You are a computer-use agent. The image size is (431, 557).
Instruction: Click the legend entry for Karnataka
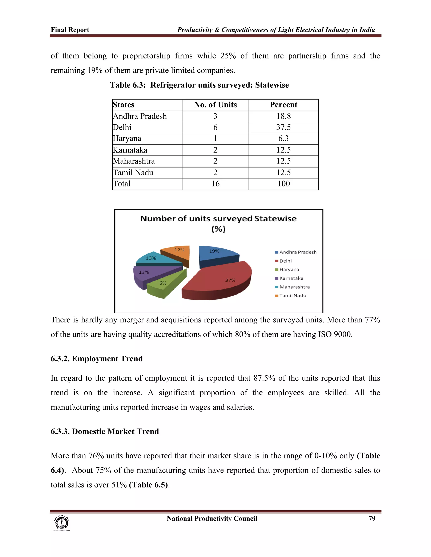pos(291,278)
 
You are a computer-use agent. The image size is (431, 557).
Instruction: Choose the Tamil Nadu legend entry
pos(292,296)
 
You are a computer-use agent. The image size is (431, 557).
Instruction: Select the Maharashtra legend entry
pos(294,287)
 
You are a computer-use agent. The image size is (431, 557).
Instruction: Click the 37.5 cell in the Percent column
pos(283,127)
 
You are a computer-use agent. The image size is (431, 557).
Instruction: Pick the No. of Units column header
pos(215,105)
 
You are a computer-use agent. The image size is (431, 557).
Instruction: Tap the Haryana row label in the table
pos(127,139)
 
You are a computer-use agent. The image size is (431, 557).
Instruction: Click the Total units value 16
pos(215,184)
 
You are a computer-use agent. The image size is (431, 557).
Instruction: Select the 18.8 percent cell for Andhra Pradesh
pos(283,116)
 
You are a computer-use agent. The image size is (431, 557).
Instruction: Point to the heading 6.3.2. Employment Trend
pos(97,359)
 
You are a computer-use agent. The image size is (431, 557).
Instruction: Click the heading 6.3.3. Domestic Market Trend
pos(105,431)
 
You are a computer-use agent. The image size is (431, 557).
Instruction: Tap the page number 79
pos(372,519)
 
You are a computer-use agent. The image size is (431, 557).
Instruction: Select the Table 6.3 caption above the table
pos(199,85)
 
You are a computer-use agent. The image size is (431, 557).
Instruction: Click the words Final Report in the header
pos(70,30)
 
